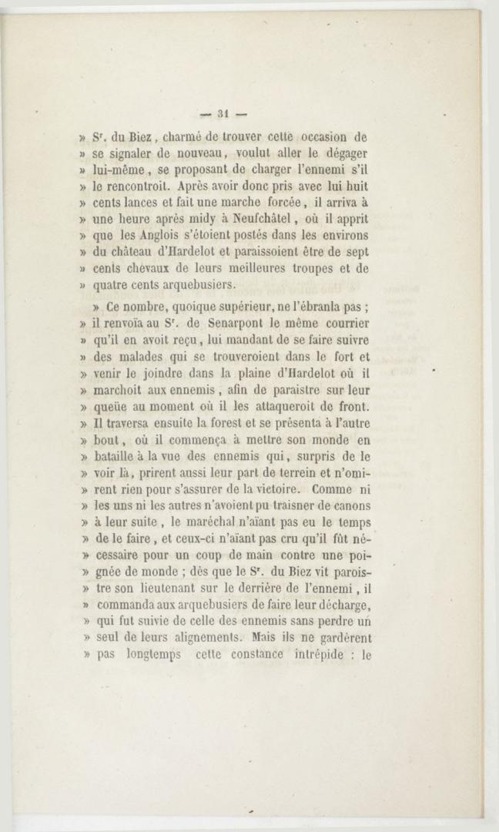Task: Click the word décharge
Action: point(341,606)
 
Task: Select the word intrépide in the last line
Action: point(322,656)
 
